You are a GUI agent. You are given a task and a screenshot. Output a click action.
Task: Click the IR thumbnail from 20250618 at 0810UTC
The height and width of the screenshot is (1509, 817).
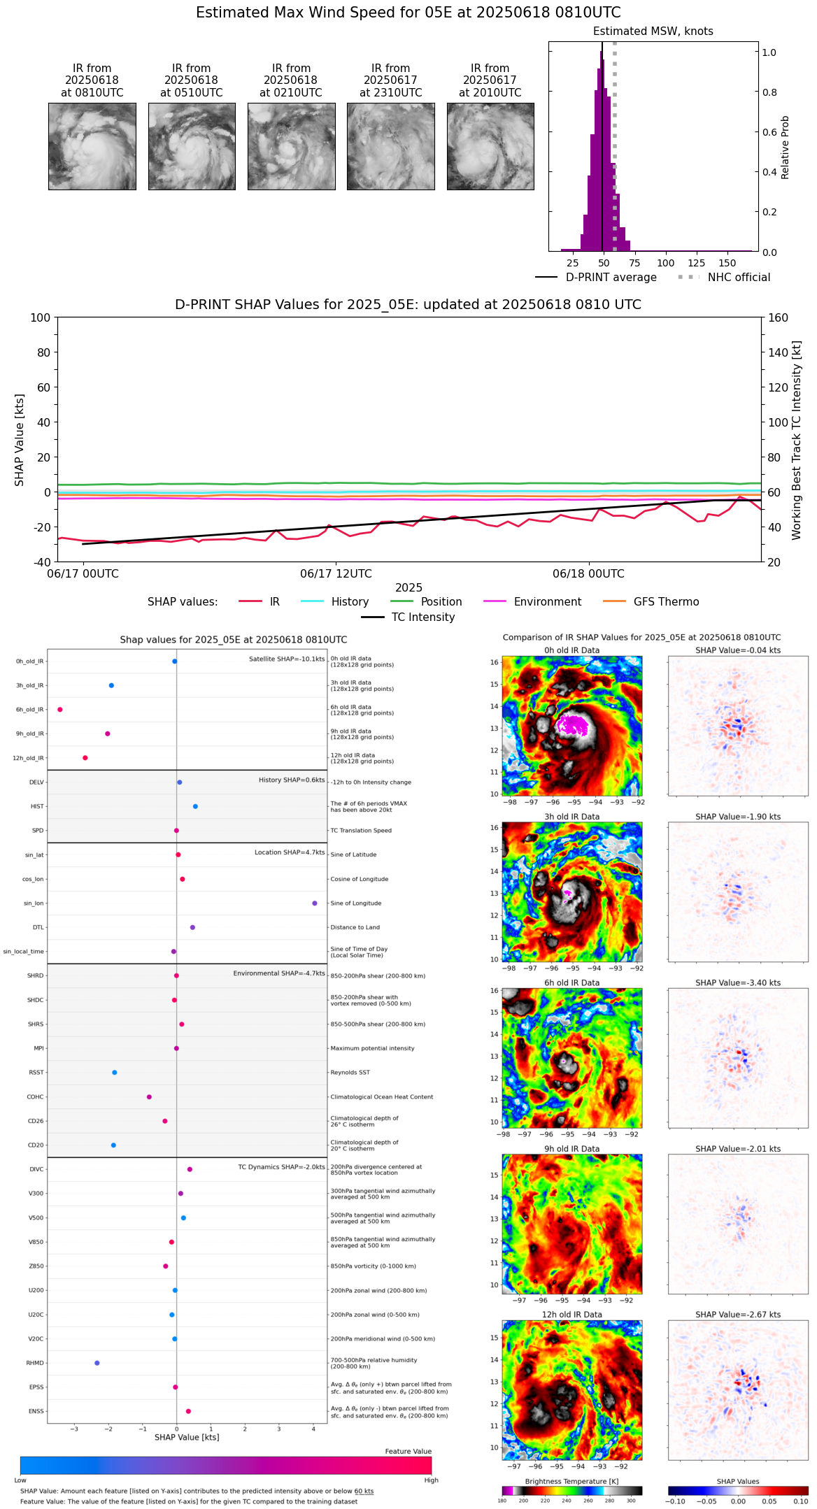click(x=92, y=146)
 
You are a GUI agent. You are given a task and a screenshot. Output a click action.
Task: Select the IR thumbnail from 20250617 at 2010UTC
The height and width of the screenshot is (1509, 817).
click(x=490, y=146)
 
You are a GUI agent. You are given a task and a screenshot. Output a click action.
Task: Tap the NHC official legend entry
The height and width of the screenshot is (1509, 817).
click(x=738, y=278)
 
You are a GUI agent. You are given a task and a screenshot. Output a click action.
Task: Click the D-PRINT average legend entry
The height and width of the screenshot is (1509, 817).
click(x=611, y=278)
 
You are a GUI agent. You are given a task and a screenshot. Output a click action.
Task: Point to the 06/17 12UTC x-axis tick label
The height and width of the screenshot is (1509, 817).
click(x=336, y=574)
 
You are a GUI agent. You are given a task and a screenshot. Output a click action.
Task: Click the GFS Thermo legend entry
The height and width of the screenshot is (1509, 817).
click(x=666, y=602)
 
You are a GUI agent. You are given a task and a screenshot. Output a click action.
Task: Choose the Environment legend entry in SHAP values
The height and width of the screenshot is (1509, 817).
click(x=547, y=602)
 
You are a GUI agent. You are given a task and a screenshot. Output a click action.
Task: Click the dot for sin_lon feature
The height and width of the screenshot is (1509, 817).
click(x=315, y=903)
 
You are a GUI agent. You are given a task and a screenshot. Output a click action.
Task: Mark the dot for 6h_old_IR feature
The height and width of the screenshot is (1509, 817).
click(x=60, y=710)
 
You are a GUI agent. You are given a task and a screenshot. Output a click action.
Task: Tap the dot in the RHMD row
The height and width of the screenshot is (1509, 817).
click(x=97, y=1363)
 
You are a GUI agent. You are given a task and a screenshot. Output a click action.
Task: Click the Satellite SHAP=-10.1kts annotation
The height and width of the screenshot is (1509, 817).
click(x=287, y=659)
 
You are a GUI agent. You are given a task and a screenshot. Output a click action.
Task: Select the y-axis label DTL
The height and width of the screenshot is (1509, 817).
click(x=38, y=928)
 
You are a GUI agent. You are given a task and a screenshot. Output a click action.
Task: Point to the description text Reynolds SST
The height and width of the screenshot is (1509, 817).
click(x=350, y=1073)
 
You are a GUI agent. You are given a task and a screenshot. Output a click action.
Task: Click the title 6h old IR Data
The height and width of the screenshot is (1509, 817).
click(x=571, y=983)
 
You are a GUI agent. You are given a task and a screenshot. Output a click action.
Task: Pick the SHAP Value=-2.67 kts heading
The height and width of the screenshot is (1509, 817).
click(x=738, y=1315)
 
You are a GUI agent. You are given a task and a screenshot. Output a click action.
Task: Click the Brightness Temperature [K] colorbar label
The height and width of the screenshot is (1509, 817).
click(x=571, y=1482)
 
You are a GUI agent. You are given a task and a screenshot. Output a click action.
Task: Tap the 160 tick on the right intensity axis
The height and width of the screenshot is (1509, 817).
click(x=778, y=318)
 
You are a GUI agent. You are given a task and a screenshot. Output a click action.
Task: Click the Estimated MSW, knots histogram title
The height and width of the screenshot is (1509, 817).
click(x=653, y=31)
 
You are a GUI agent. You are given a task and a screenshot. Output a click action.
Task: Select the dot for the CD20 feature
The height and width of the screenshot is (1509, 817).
click(x=113, y=1145)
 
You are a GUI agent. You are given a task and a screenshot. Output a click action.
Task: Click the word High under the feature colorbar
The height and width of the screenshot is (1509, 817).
click(x=431, y=1480)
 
